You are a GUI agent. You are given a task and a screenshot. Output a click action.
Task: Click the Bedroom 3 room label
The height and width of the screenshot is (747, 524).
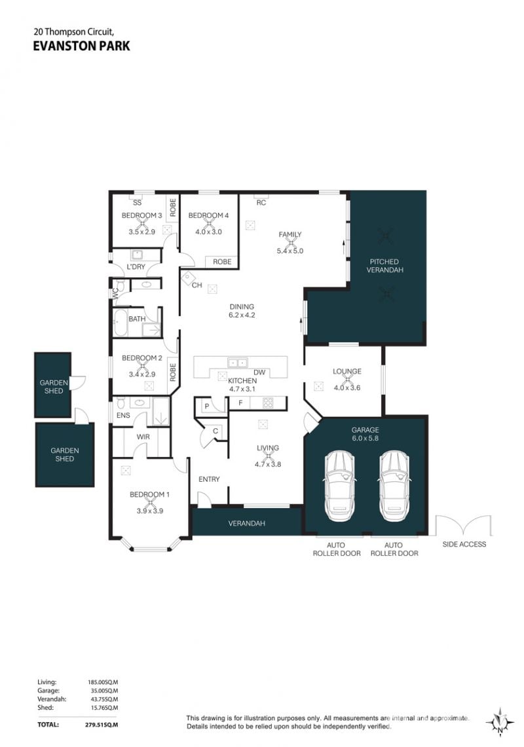click(x=141, y=215)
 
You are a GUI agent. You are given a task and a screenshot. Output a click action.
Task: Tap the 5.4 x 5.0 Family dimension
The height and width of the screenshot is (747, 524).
click(x=290, y=251)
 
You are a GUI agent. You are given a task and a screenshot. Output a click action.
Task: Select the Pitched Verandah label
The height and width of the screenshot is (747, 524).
click(x=384, y=265)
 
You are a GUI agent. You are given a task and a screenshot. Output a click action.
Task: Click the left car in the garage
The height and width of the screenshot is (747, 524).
click(x=339, y=486)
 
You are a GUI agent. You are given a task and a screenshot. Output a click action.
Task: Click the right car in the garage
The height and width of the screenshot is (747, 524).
click(x=394, y=486)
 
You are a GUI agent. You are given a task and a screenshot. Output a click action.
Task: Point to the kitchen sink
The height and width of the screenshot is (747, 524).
click(x=238, y=363)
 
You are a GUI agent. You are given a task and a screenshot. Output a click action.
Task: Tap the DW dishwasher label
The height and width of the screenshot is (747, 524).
click(x=259, y=373)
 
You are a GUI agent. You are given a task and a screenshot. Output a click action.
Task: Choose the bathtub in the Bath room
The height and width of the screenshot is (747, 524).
click(x=120, y=323)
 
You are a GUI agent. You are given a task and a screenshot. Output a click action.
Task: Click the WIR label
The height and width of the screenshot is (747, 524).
click(x=143, y=437)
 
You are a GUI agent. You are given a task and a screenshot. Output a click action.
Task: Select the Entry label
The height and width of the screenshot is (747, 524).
click(x=209, y=479)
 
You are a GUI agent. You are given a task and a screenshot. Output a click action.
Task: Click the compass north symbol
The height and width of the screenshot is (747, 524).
click(x=500, y=722)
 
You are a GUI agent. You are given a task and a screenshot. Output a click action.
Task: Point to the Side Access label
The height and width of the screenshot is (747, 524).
click(x=464, y=544)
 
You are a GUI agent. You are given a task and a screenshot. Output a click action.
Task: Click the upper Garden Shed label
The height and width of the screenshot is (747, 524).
click(x=54, y=386)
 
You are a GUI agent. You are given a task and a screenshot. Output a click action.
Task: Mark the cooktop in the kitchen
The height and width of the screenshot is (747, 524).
click(x=268, y=403)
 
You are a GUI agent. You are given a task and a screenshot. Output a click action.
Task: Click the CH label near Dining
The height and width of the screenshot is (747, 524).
click(x=197, y=285)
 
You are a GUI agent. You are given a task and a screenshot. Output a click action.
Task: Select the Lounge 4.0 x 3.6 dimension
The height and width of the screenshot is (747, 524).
click(x=347, y=388)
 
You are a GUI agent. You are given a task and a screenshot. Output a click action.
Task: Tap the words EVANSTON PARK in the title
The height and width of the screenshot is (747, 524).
click(x=81, y=46)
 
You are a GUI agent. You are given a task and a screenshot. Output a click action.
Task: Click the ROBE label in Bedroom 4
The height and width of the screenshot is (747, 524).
click(x=222, y=261)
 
